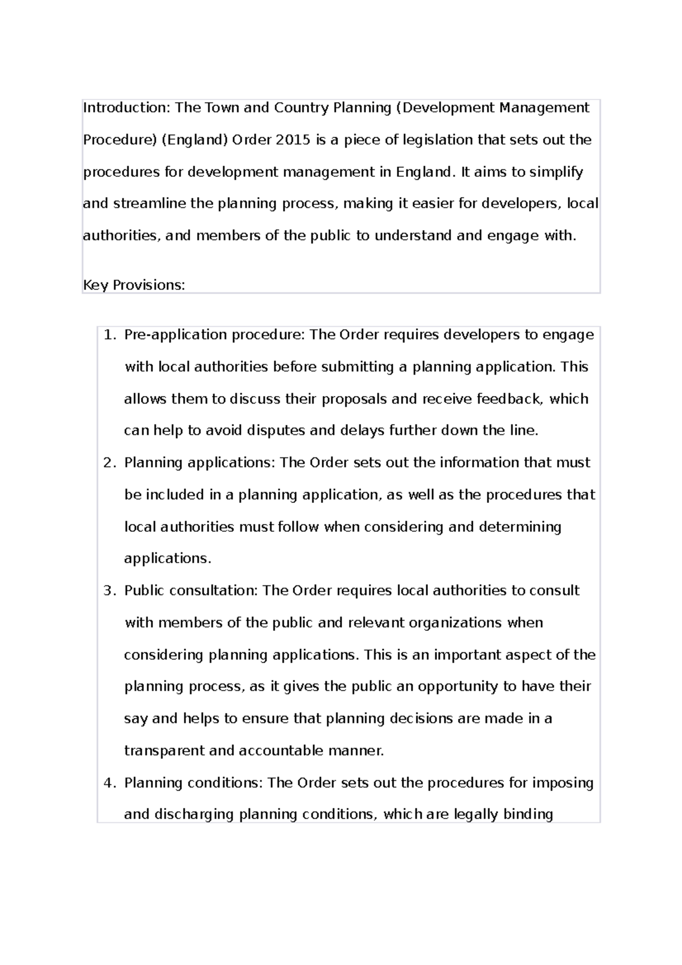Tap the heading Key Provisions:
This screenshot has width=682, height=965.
(134, 285)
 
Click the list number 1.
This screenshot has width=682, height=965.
(109, 335)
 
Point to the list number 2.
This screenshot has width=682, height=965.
(109, 463)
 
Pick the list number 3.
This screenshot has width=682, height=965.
(109, 590)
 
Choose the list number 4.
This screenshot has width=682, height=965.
(109, 783)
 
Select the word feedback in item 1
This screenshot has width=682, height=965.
(509, 399)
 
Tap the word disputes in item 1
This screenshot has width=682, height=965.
(276, 431)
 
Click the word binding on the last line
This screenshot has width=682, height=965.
(528, 814)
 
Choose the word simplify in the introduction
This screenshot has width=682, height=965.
(556, 172)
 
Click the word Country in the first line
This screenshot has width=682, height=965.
(301, 108)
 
